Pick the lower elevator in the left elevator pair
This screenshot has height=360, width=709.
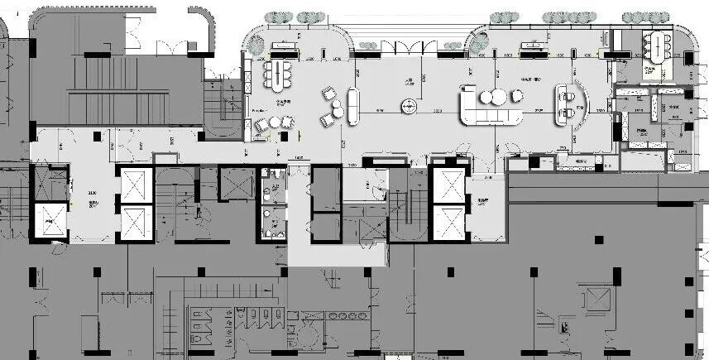(134, 222)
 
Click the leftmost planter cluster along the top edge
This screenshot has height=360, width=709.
(280, 17)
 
